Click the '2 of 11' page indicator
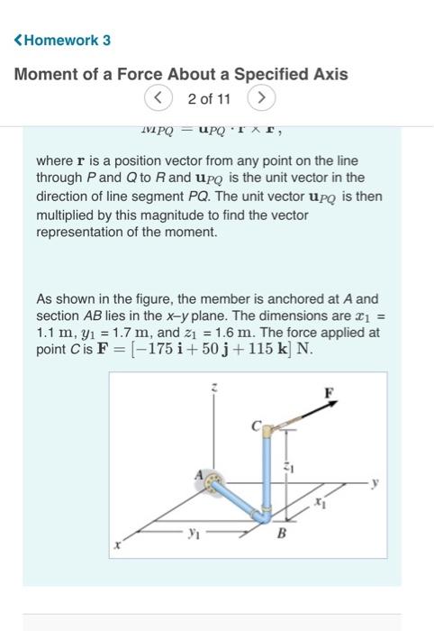209,96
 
